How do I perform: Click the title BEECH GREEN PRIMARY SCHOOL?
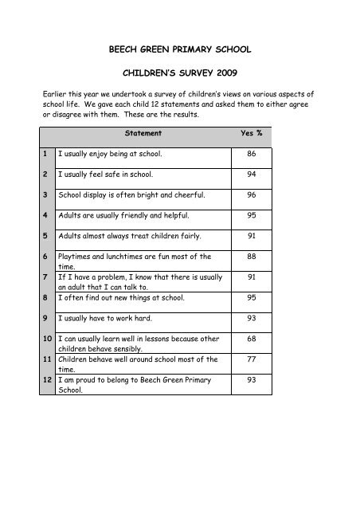click(179, 49)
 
